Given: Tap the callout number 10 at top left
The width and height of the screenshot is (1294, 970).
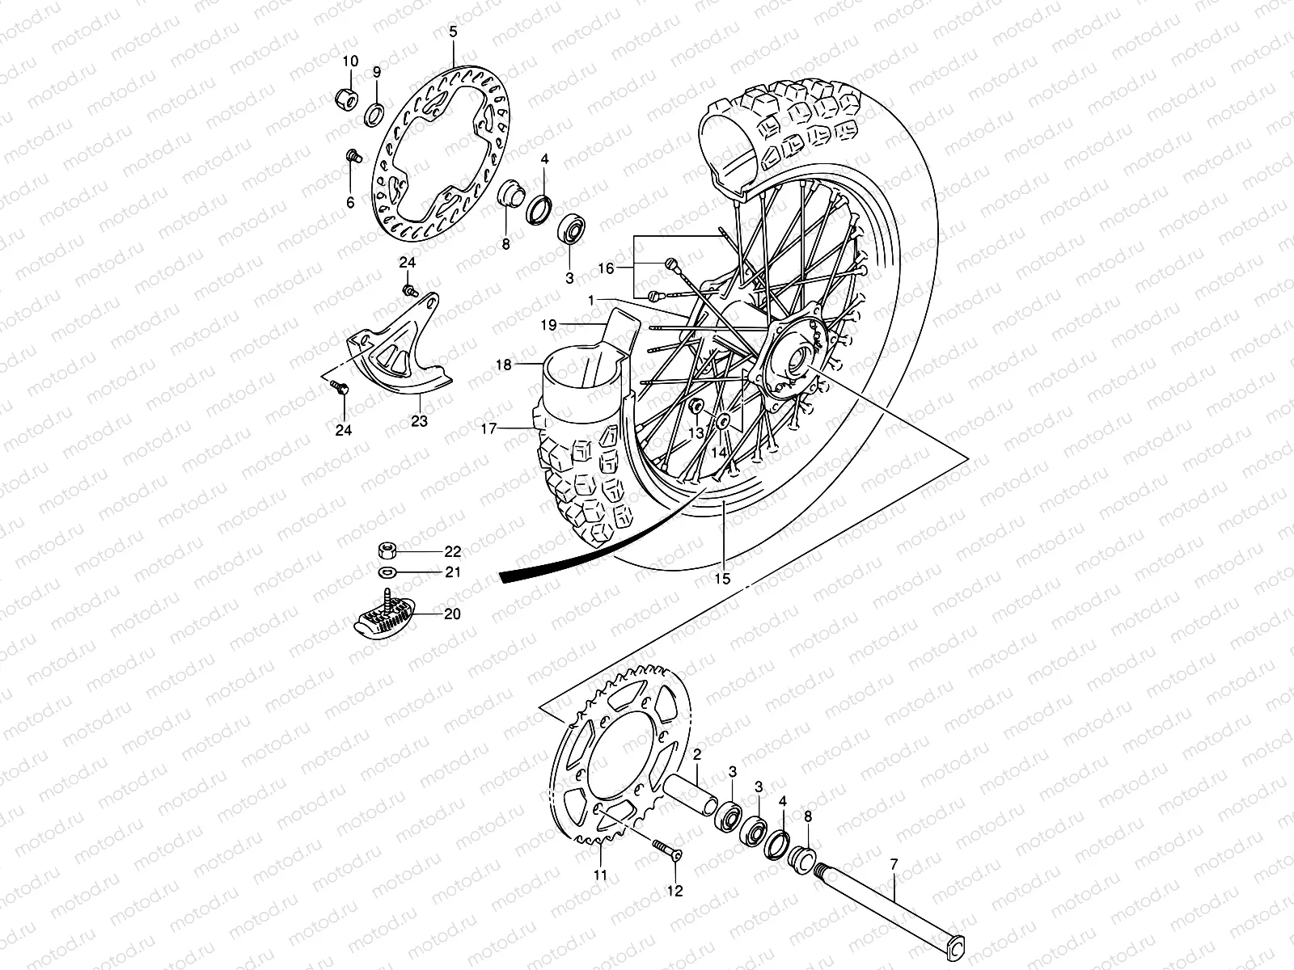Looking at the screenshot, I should [x=349, y=61].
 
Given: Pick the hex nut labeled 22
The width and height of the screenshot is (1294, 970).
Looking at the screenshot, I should [x=387, y=551].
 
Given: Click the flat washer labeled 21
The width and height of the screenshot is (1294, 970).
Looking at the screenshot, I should [x=387, y=573].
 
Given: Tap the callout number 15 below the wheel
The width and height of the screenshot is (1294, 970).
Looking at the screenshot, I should [x=722, y=579].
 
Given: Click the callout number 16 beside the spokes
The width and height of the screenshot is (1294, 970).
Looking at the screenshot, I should [x=607, y=268].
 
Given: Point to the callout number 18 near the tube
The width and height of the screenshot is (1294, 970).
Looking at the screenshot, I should [x=504, y=365].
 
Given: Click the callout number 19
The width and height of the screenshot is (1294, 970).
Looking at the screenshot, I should [x=571, y=325].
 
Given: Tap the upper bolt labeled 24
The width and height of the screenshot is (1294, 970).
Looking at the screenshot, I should [x=409, y=288].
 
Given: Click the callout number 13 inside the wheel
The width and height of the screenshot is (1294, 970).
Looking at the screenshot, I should [x=696, y=433].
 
